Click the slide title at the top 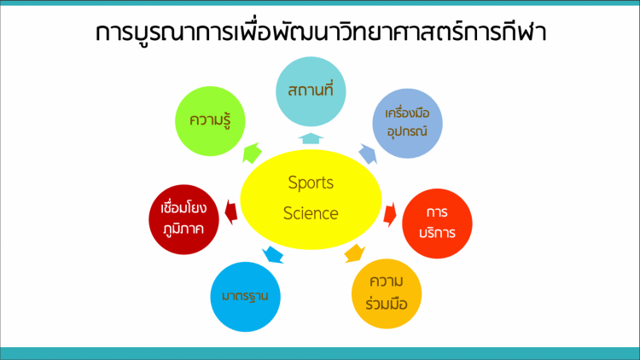click(x=321, y=32)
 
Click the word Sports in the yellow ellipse click(x=311, y=183)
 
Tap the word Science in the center click(x=311, y=213)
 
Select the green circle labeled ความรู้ click(x=210, y=121)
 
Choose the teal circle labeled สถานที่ click(x=311, y=91)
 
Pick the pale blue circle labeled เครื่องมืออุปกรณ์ click(x=407, y=123)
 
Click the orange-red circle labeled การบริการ click(x=437, y=224)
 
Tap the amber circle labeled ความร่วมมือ click(x=387, y=293)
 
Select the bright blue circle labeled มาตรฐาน click(x=245, y=297)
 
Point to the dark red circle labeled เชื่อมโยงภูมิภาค click(x=183, y=219)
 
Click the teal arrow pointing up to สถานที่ click(x=311, y=138)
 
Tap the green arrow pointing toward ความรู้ click(x=252, y=153)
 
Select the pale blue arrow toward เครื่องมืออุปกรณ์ click(x=368, y=154)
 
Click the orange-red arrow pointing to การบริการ click(x=390, y=214)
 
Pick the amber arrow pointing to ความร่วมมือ click(x=354, y=253)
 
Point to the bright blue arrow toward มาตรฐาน click(x=273, y=255)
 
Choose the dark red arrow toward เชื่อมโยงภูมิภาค click(x=231, y=212)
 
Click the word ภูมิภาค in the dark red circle click(x=183, y=229)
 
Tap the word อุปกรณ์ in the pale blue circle click(x=407, y=131)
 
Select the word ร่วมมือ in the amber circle click(x=387, y=304)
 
